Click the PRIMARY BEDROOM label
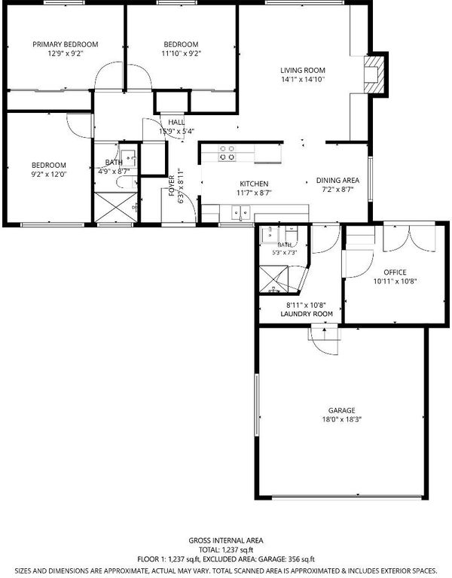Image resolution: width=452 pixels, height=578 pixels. [x=66, y=44]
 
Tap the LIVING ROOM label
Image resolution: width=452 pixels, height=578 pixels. [x=303, y=70]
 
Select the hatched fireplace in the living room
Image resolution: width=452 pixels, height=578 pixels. [x=374, y=75]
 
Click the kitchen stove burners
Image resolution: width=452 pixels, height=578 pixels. [x=227, y=153]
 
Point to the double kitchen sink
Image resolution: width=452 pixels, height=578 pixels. [x=240, y=213]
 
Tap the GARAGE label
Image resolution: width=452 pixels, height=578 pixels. [x=342, y=410]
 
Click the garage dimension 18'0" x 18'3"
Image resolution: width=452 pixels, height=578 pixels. [x=342, y=419]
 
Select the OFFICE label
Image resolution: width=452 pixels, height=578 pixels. [x=395, y=272]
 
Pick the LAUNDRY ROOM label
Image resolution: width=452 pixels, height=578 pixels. [x=307, y=314]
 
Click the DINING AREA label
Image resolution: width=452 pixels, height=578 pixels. [x=337, y=181]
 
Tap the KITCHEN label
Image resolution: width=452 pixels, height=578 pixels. [x=254, y=184]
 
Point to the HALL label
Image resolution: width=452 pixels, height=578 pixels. [x=176, y=122]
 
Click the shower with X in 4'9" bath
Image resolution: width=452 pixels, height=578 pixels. [x=116, y=207]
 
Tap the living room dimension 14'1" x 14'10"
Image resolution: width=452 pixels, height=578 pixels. [x=303, y=79]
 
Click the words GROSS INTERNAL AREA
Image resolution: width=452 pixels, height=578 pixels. [x=226, y=540]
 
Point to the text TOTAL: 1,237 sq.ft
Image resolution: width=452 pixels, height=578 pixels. [x=226, y=550]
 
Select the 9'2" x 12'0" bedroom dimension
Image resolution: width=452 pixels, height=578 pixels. [x=49, y=174]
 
